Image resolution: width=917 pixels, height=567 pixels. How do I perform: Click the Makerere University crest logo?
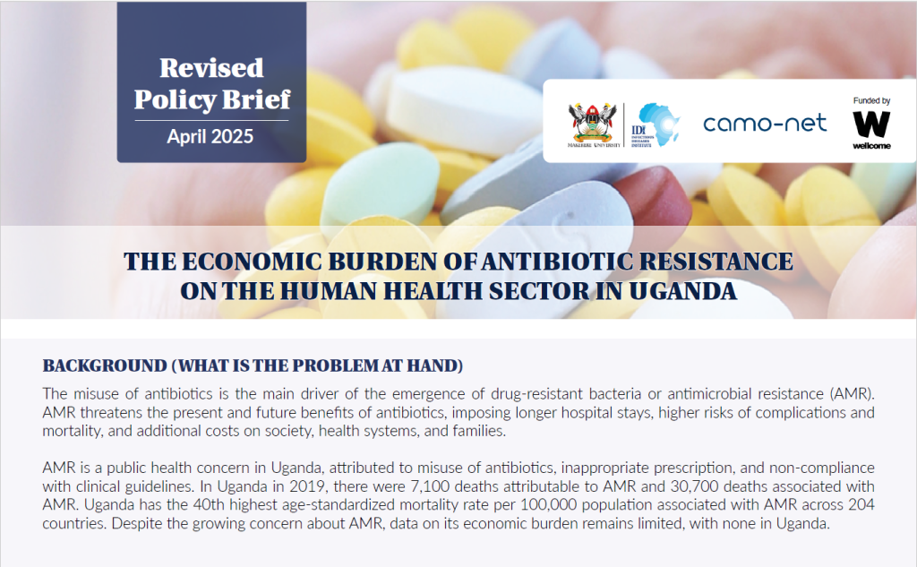[593, 125]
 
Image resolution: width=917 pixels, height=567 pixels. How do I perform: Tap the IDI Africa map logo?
[656, 125]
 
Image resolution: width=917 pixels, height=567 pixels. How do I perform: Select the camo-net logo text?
[765, 123]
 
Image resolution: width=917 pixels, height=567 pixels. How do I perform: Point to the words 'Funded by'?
[871, 100]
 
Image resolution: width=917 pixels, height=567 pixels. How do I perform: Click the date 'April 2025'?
[210, 136]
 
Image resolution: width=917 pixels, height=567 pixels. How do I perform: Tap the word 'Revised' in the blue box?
[211, 68]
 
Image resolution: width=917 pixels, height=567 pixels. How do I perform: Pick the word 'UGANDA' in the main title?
[682, 291]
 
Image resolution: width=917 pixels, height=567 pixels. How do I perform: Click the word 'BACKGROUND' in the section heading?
[106, 365]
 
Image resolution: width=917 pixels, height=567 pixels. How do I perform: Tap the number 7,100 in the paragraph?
[431, 486]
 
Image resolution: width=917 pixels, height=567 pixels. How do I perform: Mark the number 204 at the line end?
[861, 504]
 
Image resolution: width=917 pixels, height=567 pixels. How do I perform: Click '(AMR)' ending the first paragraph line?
[853, 394]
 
